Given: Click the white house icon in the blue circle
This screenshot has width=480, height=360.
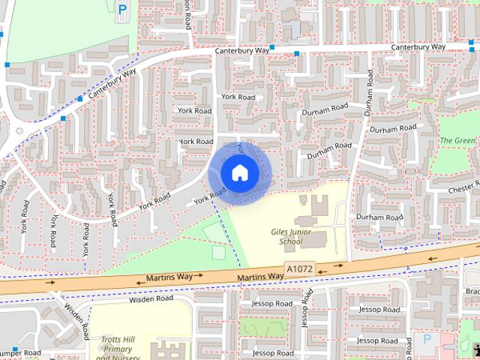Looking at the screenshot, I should pos(239,172).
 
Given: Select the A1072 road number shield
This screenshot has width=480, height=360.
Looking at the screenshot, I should pos(299,268).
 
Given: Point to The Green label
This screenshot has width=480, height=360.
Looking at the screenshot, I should pos(457,141).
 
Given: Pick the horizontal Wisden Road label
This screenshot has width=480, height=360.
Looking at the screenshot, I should pos(151,298).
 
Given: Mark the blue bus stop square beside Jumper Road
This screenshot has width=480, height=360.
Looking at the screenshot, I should pos(14,349).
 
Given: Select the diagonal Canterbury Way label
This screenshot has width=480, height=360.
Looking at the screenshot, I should pos(111,84).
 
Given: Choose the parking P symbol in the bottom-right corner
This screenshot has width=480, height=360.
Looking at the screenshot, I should pos(427,340).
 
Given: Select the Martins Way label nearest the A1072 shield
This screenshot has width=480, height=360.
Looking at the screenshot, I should pos(260,277).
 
